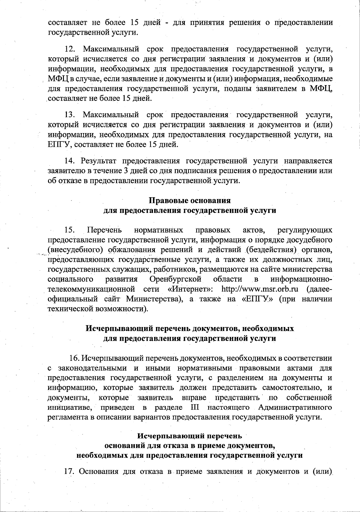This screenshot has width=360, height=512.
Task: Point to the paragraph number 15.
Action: pyautogui.click(x=70, y=230)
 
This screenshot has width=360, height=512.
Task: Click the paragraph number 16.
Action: pyautogui.click(x=75, y=358)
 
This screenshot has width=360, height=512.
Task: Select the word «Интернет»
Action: pyautogui.click(x=190, y=289)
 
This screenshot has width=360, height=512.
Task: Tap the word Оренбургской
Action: pyautogui.click(x=175, y=279)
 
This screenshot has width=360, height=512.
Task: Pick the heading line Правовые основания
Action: pyautogui.click(x=190, y=200)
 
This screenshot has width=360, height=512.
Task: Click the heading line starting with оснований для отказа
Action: pyautogui.click(x=190, y=445)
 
